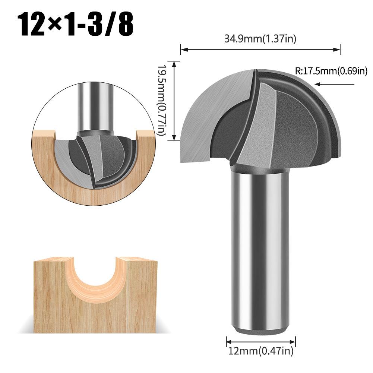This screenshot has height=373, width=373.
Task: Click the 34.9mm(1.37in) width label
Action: [x=260, y=39]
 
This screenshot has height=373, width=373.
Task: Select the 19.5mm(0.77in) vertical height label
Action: [x=161, y=101]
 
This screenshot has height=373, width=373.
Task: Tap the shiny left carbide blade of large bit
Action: [x=212, y=112]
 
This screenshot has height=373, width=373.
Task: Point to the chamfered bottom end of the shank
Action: [x=260, y=330]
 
